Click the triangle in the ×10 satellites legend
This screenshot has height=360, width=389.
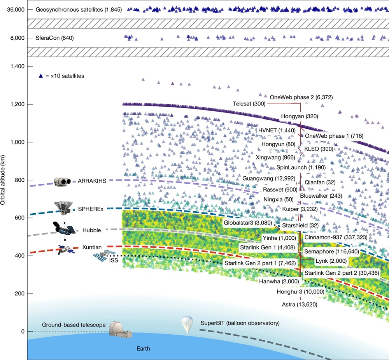coord(40,76)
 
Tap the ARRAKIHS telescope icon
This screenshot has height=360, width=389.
coord(63,181)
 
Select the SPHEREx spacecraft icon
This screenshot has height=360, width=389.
coord(62,207)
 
